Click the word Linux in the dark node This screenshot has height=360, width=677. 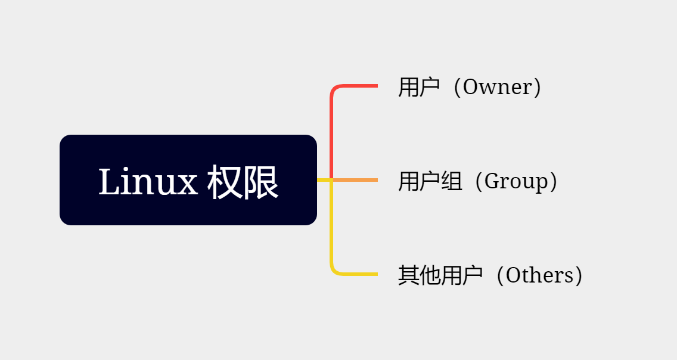click(x=148, y=182)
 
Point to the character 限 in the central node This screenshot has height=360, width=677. click(x=261, y=182)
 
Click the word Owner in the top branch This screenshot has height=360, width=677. click(x=497, y=88)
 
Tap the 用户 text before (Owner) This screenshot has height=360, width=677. click(x=419, y=88)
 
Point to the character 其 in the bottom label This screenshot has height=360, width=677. click(x=408, y=275)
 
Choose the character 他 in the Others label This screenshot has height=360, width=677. click(x=430, y=275)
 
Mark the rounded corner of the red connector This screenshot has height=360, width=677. click(x=333, y=89)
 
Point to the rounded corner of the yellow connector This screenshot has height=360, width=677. click(x=333, y=271)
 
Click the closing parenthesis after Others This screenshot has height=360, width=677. click(x=577, y=275)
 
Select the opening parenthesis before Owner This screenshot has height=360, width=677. click(x=456, y=88)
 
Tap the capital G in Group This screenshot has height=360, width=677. click(x=492, y=181)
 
